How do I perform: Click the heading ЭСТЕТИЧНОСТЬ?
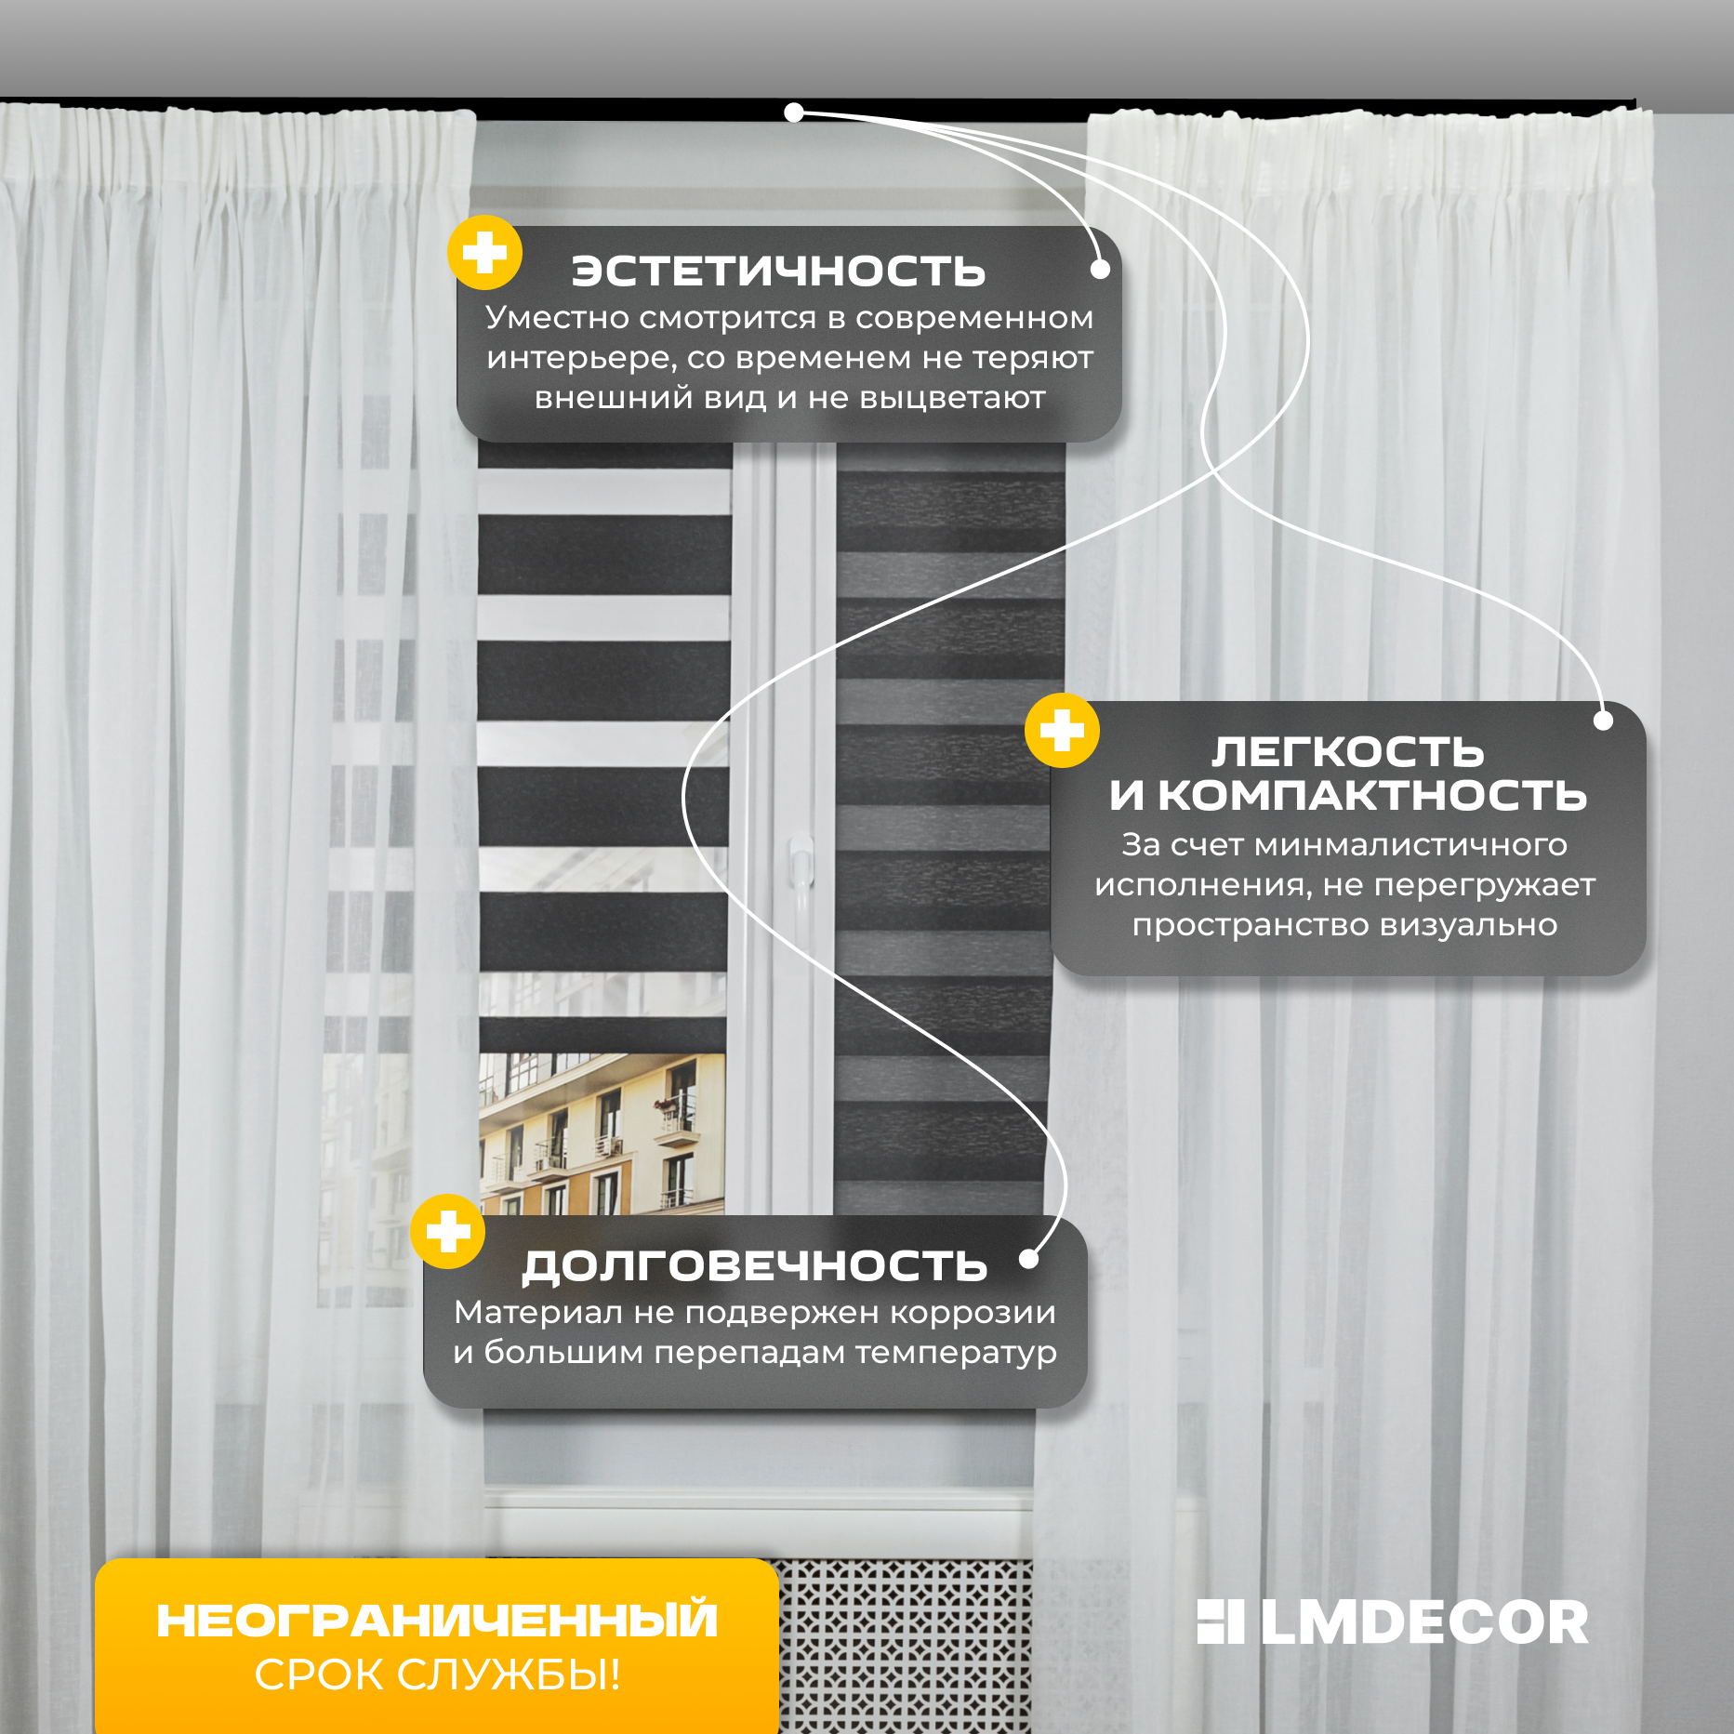tap(778, 271)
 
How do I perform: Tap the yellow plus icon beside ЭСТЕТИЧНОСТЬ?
tap(484, 252)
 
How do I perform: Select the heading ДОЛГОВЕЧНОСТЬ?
tap(754, 1265)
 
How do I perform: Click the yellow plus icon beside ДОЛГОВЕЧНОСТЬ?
tap(448, 1231)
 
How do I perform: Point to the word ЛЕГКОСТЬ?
tap(1347, 751)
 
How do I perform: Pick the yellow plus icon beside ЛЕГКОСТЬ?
tap(1062, 731)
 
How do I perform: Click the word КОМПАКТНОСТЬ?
tap(1372, 796)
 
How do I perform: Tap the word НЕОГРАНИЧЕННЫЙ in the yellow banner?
tap(437, 1621)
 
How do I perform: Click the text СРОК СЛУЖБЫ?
tap(437, 1674)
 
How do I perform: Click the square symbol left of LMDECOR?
tap(1220, 1621)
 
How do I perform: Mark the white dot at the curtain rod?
tap(793, 113)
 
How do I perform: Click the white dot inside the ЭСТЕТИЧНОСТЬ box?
tap(1100, 270)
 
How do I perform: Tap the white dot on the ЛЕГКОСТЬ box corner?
tap(1603, 720)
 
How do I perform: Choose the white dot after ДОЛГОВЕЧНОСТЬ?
tap(1028, 1259)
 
